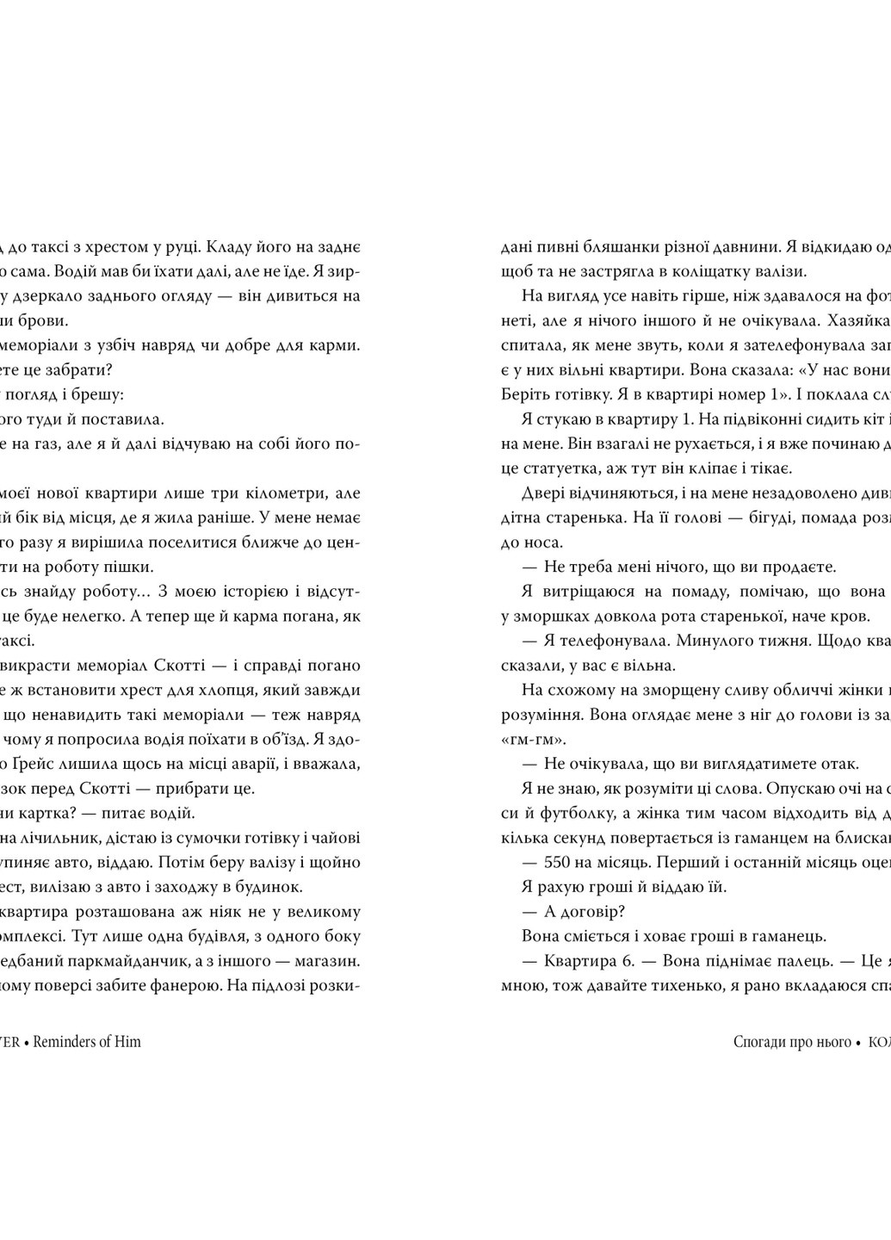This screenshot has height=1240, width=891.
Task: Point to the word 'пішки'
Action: (x=133, y=567)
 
